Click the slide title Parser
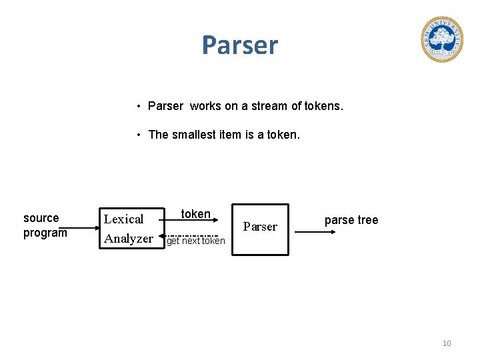point(240,45)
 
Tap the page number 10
point(447,343)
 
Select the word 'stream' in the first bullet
point(267,106)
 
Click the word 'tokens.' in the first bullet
point(323,106)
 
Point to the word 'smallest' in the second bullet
point(195,135)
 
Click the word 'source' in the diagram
point(41,218)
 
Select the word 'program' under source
point(45,233)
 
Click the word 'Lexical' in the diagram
point(124,219)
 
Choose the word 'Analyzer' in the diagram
point(129,238)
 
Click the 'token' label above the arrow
point(196,214)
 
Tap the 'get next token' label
point(196,241)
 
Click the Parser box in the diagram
point(260,229)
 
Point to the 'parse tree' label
point(351,220)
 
